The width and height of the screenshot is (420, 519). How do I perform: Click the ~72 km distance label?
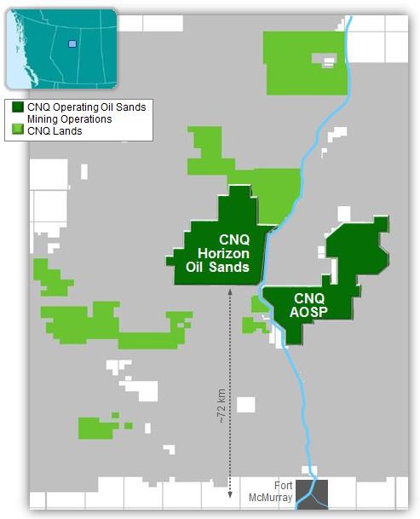tap(222, 407)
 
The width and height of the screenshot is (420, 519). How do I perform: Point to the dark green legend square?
tap(17, 107)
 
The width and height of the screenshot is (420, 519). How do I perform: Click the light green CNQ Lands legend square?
tap(17, 130)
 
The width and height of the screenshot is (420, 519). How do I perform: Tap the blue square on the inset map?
tap(72, 43)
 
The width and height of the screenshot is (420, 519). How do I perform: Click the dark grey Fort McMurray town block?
tap(311, 493)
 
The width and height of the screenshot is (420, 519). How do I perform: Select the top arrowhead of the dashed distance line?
tap(230, 292)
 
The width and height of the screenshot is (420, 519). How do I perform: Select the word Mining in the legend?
tap(44, 118)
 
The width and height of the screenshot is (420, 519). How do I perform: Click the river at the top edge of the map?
tap(351, 21)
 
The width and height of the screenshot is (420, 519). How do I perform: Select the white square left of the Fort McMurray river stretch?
tap(246, 404)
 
